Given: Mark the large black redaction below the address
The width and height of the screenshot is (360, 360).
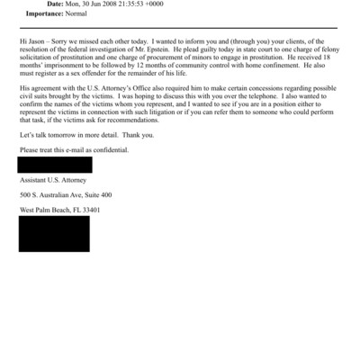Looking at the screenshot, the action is [54, 234].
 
